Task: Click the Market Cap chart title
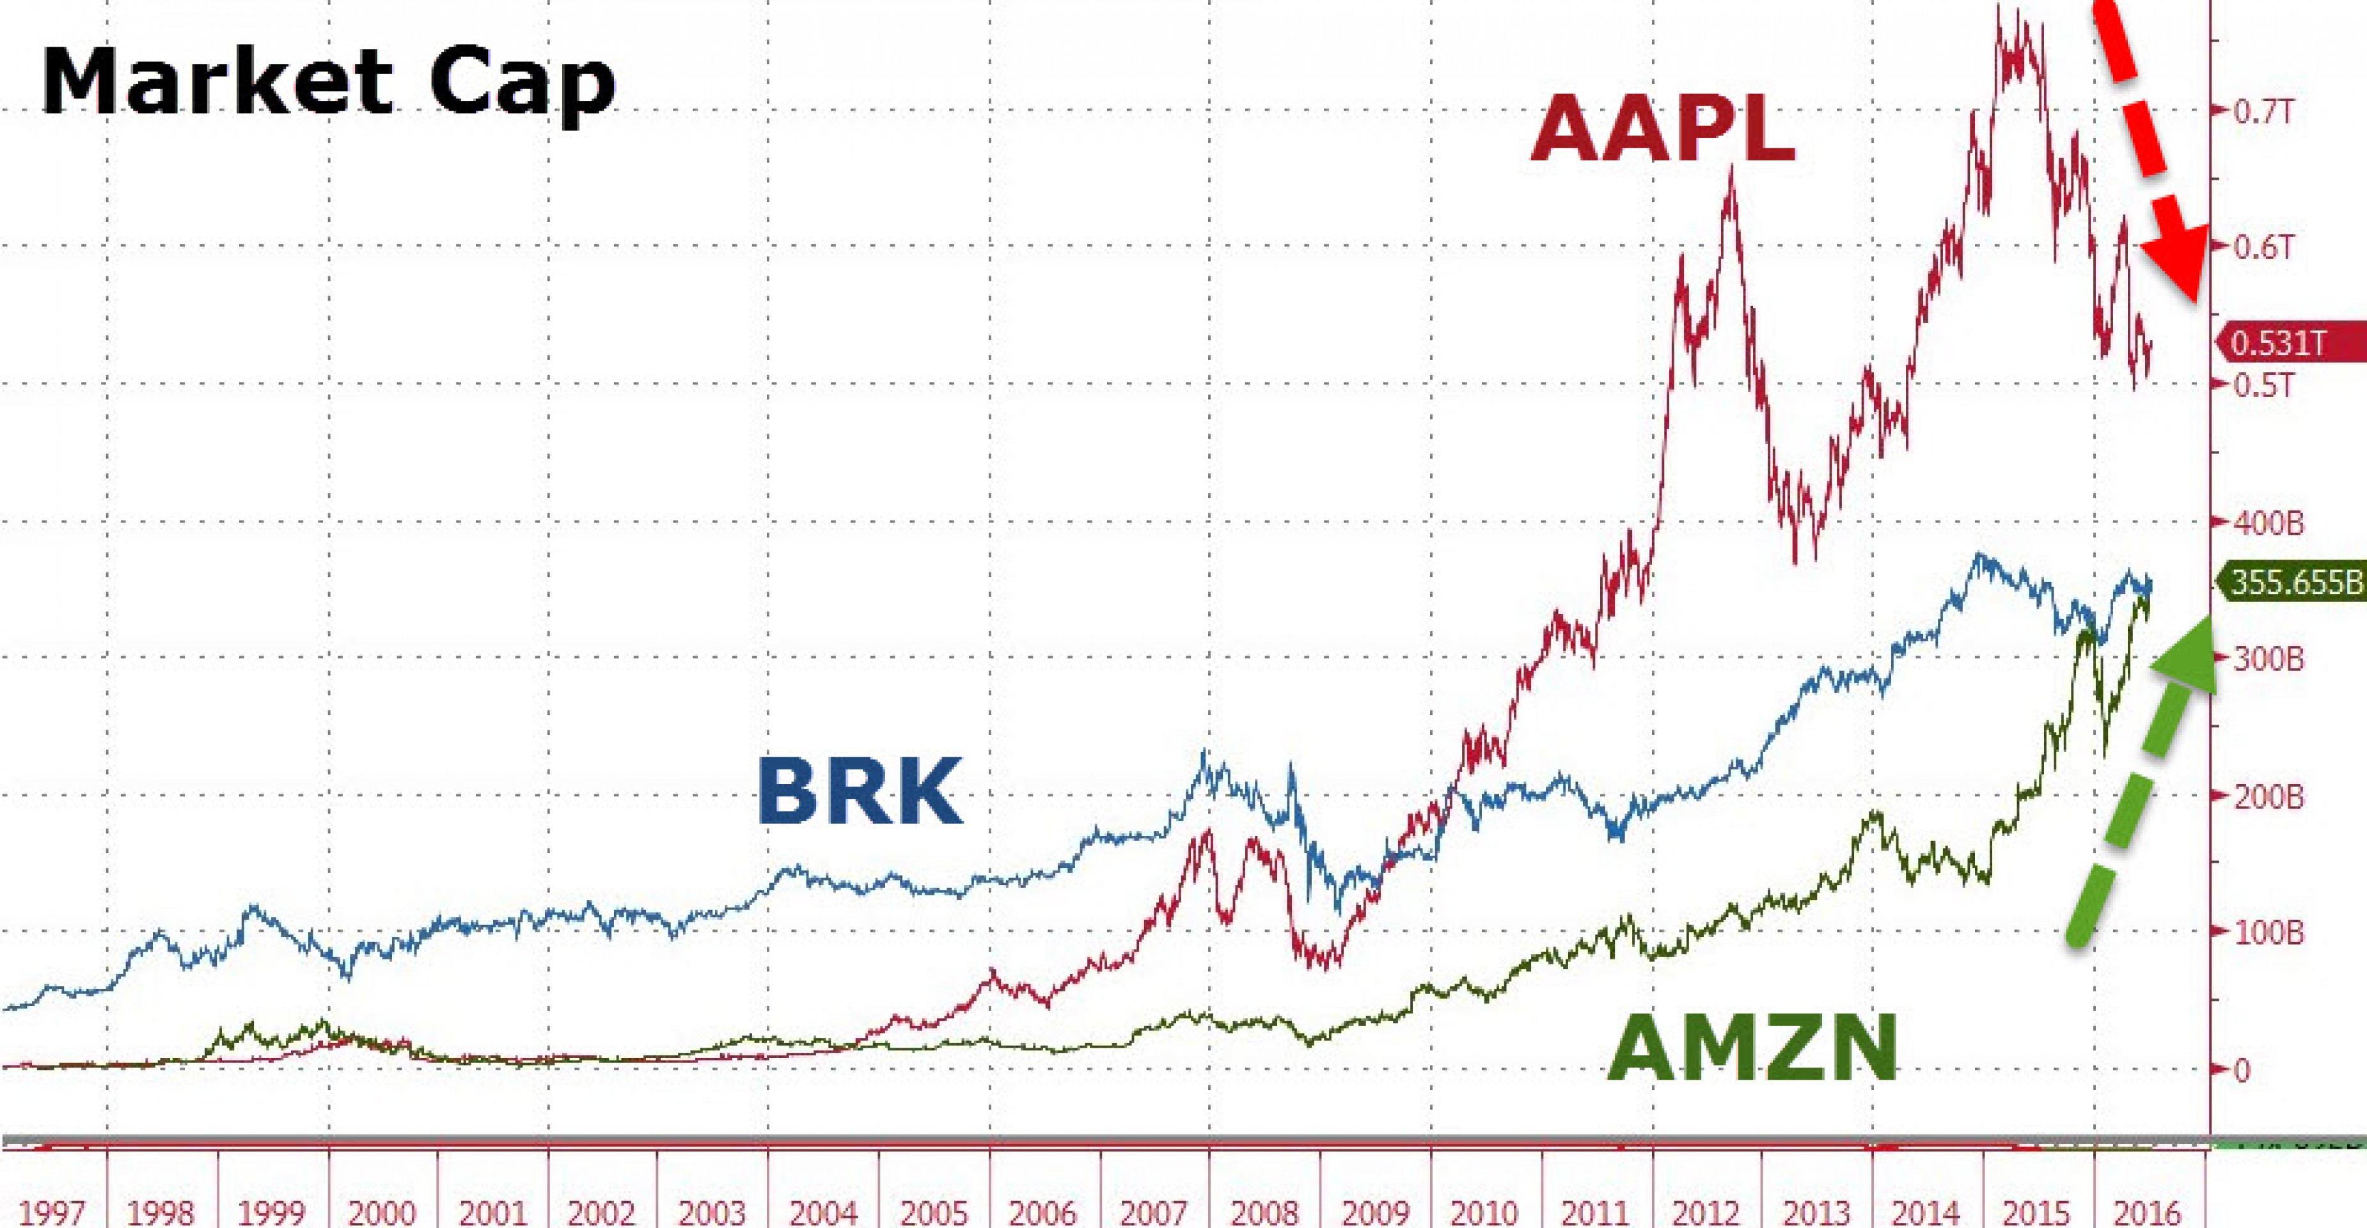(328, 83)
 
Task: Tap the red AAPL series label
(1662, 130)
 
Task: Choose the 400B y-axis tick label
(2268, 523)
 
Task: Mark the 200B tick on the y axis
(2268, 796)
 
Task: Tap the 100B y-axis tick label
(2268, 933)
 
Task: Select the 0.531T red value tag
(2283, 343)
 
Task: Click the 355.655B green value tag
(2293, 583)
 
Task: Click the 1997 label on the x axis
(52, 1211)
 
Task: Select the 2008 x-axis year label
(1264, 1211)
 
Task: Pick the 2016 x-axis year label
(2148, 1211)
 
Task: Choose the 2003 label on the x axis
(713, 1211)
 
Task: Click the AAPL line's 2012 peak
(1732, 168)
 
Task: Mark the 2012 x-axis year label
(1706, 1211)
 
